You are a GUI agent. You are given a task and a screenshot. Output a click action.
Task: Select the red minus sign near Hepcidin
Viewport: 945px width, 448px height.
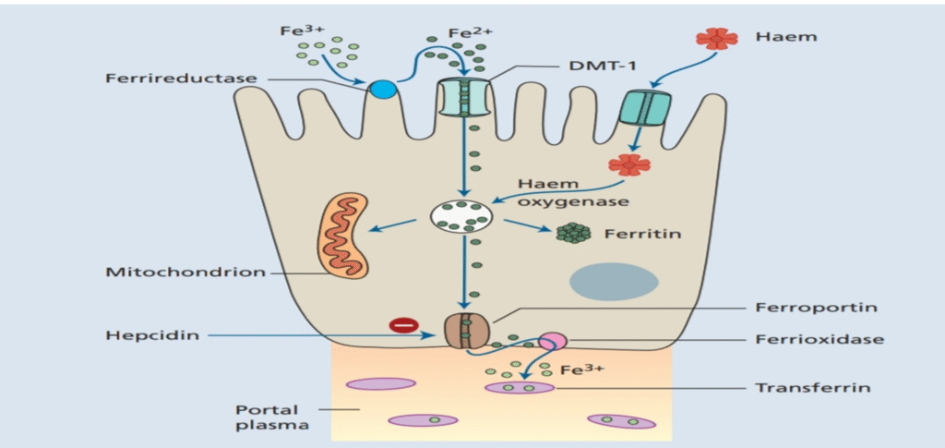pos(402,324)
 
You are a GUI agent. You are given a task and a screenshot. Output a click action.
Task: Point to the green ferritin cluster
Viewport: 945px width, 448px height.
pos(574,232)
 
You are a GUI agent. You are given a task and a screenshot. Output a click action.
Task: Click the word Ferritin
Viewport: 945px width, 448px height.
pos(642,234)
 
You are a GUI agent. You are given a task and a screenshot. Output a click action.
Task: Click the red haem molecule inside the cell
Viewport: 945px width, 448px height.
pos(628,164)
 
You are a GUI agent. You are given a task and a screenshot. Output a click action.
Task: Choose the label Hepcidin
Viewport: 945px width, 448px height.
pos(152,335)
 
